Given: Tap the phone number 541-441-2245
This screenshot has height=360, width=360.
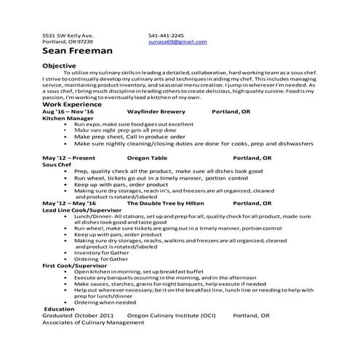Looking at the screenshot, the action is [x=166, y=35].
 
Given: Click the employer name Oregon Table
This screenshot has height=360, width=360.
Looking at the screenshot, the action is [x=148, y=157].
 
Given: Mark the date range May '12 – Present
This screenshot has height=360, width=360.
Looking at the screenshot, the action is [x=69, y=157].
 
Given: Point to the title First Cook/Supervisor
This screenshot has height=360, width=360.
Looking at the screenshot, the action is [x=73, y=265].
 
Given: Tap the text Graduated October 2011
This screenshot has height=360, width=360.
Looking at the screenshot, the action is [x=78, y=316].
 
